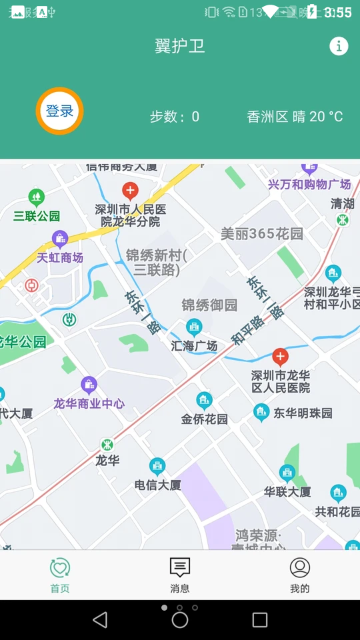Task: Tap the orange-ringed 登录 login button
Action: [x=59, y=111]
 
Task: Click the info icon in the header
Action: [x=339, y=46]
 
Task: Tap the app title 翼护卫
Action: [x=180, y=46]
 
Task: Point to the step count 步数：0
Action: [x=174, y=117]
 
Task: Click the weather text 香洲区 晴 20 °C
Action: [x=295, y=117]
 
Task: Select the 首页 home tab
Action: [x=60, y=575]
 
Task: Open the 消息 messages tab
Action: [x=180, y=575]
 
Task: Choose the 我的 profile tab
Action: [x=300, y=575]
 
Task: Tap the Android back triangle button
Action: [x=100, y=620]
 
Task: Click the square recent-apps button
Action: [x=260, y=620]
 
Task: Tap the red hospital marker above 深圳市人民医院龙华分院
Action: [x=130, y=191]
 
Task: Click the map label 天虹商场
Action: [x=60, y=257]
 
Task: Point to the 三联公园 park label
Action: [x=37, y=216]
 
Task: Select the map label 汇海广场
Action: [x=194, y=346]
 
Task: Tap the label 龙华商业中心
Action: [x=89, y=403]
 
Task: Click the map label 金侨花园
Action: [x=204, y=419]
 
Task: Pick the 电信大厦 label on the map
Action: [x=158, y=485]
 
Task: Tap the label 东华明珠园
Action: [x=303, y=413]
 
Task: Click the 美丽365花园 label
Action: [x=262, y=234]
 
